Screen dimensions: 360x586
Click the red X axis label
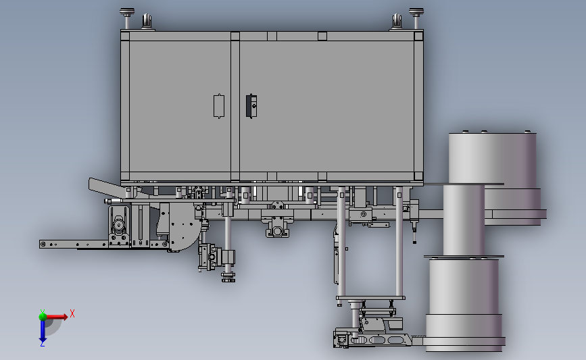click(72, 313)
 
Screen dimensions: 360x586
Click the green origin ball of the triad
click(43, 315)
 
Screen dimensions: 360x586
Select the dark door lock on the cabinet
click(251, 105)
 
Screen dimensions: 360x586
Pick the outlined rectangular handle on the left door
click(219, 106)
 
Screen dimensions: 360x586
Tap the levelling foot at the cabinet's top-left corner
click(126, 15)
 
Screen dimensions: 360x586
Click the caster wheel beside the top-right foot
click(396, 22)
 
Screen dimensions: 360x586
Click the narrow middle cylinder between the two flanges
click(464, 220)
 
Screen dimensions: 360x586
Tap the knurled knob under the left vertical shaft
click(228, 278)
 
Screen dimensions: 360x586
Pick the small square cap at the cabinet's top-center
click(322, 36)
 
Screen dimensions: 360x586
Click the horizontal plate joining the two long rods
click(370, 298)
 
